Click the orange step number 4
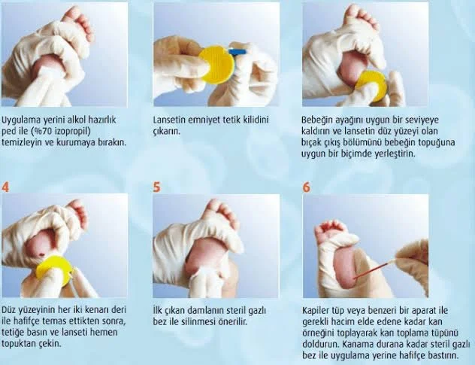pyautogui.click(x=7, y=187)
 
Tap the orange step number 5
pyautogui.click(x=157, y=187)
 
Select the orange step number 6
pyautogui.click(x=306, y=187)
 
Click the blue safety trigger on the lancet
pyautogui.click(x=237, y=53)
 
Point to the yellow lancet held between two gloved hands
pyautogui.click(x=215, y=63)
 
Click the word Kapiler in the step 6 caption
pyautogui.click(x=319, y=310)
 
